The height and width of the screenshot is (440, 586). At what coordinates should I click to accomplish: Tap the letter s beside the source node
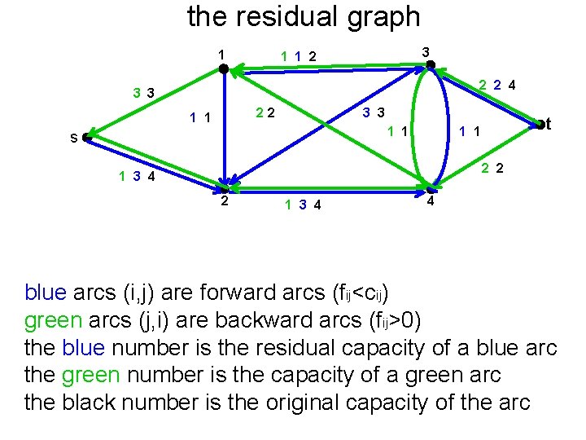point(73,139)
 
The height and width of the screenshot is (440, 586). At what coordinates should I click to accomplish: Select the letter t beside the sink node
point(549,124)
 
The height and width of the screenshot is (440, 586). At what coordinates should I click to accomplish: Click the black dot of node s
point(85,139)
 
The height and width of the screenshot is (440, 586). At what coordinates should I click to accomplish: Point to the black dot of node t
point(539,124)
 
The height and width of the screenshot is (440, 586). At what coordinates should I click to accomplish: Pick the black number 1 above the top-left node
point(221,55)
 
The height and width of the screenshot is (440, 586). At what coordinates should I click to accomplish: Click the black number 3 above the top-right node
point(425,51)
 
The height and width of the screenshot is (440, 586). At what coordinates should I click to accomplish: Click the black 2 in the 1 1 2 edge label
point(312,57)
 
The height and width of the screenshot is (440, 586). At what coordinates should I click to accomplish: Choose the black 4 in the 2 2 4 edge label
point(514,85)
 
